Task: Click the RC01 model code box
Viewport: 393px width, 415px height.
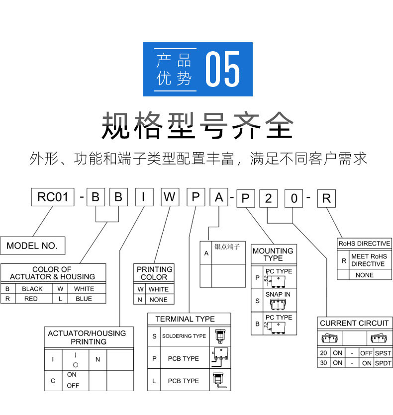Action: tap(52, 198)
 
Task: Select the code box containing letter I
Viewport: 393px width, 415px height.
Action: tap(144, 198)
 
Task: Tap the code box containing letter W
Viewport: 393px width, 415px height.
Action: tap(170, 198)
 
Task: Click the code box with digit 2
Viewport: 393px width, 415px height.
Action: tap(269, 198)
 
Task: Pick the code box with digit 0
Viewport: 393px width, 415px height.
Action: tap(295, 198)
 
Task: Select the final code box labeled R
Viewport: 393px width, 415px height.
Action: tap(326, 198)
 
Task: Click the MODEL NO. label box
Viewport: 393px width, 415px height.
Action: tap(32, 245)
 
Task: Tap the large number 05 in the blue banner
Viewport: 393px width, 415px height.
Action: tap(223, 69)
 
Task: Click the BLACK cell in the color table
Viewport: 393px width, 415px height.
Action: tap(32, 289)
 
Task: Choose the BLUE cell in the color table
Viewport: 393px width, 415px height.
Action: tap(84, 299)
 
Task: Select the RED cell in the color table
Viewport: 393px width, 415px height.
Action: tap(31, 299)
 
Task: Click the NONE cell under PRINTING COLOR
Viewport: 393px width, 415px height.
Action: tap(159, 300)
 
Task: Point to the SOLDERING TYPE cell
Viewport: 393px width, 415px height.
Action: tap(184, 336)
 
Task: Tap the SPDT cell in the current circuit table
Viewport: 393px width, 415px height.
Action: tap(383, 363)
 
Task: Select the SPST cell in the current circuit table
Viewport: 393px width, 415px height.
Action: tap(383, 353)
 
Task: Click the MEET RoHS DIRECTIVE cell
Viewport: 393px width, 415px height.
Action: tap(368, 260)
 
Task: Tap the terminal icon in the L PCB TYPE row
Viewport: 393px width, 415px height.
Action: tap(219, 381)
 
